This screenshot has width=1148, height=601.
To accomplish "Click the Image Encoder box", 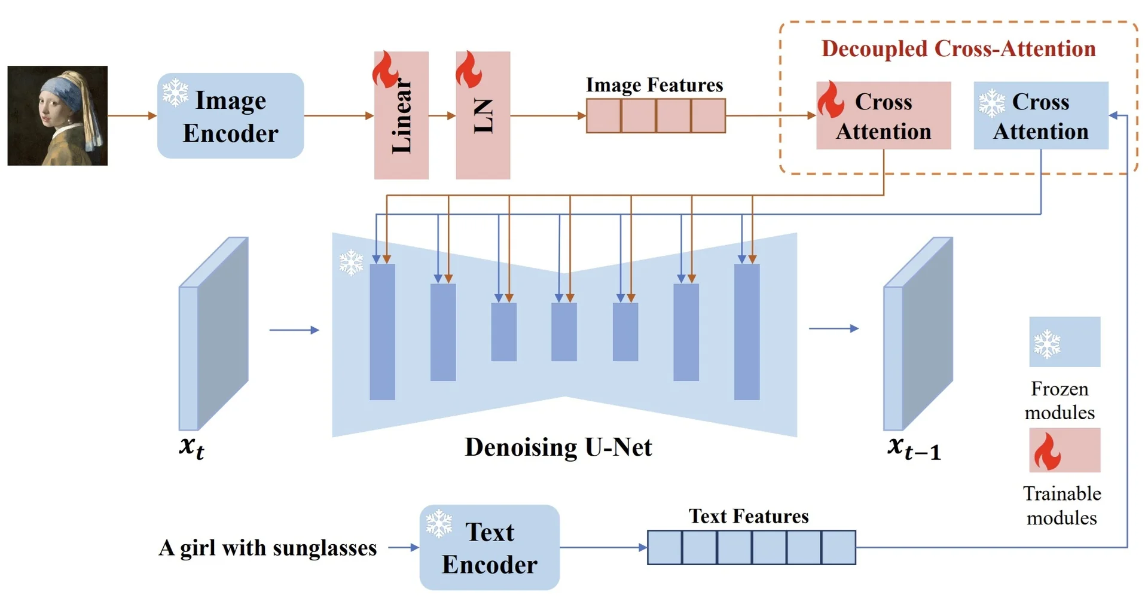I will [x=230, y=116].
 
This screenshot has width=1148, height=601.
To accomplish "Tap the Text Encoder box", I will [x=489, y=547].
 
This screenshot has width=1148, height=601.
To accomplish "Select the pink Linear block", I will [x=401, y=116].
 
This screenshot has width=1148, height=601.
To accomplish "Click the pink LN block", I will [x=483, y=116].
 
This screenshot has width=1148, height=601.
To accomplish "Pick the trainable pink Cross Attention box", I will [x=883, y=116].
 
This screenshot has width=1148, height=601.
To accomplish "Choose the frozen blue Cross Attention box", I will [x=1040, y=116].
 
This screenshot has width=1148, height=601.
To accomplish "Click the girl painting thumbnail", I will [x=57, y=116].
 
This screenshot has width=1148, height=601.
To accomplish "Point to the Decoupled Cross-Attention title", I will [x=958, y=48].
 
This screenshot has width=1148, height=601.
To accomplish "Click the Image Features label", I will [x=654, y=85].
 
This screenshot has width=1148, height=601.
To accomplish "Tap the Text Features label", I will [x=749, y=516].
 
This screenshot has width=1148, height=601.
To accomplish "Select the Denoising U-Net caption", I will [x=558, y=447].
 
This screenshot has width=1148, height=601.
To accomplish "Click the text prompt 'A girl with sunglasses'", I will [x=268, y=548].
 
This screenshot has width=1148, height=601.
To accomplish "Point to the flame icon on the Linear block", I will [x=386, y=69].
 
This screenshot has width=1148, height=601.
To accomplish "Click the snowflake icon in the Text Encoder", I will [x=439, y=523].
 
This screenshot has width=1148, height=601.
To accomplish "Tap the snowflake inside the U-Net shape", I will [x=351, y=263].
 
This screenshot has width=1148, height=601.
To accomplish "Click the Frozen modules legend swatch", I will [x=1064, y=342].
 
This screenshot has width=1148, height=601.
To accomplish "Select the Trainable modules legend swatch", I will [x=1064, y=450].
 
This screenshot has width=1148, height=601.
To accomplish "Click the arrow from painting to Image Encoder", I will [x=132, y=116].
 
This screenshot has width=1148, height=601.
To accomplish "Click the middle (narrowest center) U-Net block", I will [x=564, y=332].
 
